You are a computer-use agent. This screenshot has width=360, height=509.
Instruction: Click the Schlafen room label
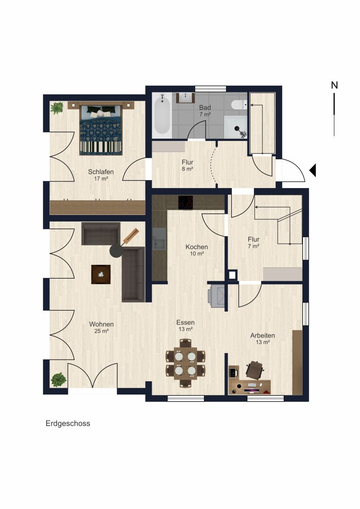[x=101, y=172]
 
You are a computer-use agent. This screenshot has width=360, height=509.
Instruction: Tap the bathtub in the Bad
[x=162, y=114]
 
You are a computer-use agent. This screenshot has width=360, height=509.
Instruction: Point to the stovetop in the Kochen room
[x=185, y=202]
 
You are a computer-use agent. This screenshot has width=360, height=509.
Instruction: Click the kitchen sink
[x=159, y=238]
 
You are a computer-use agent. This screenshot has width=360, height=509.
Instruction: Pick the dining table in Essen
[x=185, y=363]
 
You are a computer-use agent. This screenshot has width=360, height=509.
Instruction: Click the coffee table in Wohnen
[x=101, y=275]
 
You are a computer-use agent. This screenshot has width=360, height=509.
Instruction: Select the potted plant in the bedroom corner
[x=57, y=108]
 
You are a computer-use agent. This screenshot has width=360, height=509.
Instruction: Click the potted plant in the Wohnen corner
[x=58, y=379]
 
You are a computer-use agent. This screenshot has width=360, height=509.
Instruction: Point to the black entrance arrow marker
[x=312, y=171]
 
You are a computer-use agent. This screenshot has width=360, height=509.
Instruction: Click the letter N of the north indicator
[x=335, y=85]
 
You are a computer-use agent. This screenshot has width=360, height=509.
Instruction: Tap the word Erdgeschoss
[x=68, y=424]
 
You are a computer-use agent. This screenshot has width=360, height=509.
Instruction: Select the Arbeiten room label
[x=262, y=336]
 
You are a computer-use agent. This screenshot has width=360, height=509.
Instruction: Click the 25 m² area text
[x=101, y=331]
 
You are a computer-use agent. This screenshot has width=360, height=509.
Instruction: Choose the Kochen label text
[x=196, y=247]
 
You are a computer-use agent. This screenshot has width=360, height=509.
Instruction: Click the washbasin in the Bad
[x=185, y=98]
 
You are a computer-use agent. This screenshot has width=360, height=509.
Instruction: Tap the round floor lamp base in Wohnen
[x=116, y=251]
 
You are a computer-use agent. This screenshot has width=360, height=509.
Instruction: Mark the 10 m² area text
[x=196, y=254]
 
